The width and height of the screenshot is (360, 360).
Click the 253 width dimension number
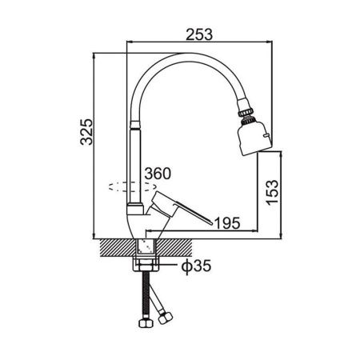tap(199, 34)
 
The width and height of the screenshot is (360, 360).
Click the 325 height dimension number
tap(86, 132)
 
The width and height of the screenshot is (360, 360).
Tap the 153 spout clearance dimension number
tap(272, 193)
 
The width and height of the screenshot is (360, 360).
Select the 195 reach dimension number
tap(227, 223)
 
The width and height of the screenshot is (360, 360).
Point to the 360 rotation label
tap(158, 174)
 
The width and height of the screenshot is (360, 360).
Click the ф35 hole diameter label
tap(196, 266)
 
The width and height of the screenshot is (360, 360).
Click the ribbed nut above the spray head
tap(246, 110)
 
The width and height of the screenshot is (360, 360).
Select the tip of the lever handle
tap(211, 223)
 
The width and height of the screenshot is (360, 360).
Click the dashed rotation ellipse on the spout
tap(133, 186)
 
